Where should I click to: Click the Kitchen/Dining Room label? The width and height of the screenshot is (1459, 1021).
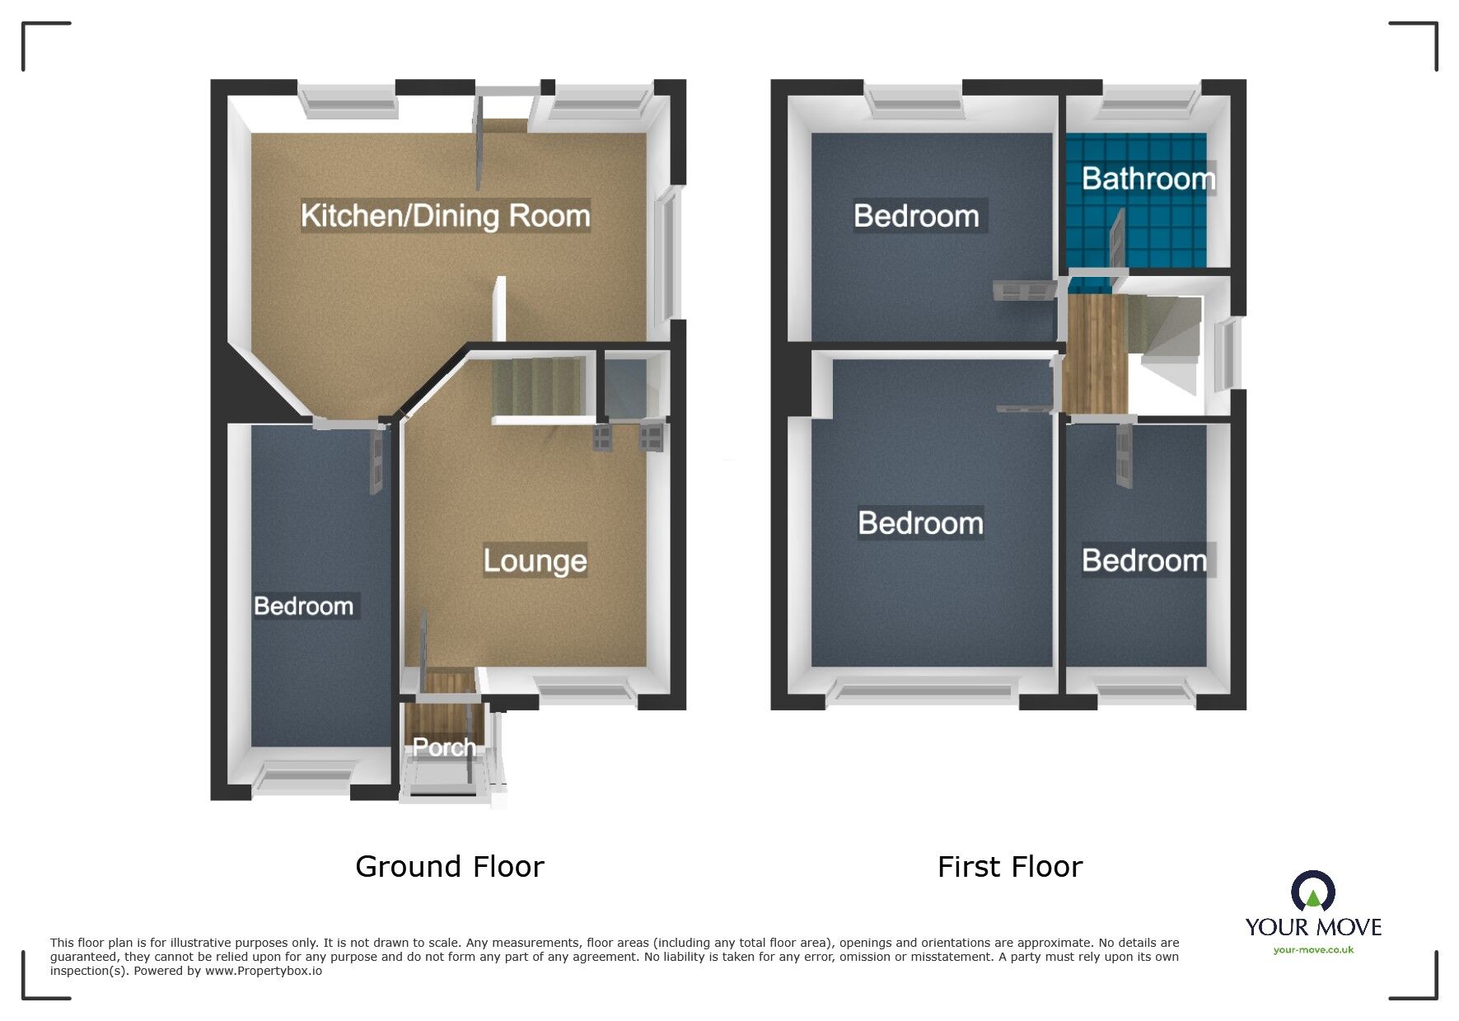click(x=445, y=216)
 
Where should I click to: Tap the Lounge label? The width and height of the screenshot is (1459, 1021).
click(x=535, y=561)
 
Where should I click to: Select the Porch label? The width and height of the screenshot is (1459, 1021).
click(x=444, y=747)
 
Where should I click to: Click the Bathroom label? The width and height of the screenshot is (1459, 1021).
click(x=1148, y=179)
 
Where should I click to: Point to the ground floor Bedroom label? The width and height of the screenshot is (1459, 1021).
click(x=304, y=607)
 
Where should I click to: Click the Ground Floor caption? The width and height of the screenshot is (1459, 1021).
click(x=449, y=867)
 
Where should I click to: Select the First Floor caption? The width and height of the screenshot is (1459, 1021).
click(x=1009, y=867)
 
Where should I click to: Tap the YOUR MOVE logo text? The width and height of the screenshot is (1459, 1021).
click(x=1313, y=927)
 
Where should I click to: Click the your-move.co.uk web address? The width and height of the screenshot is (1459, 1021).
click(x=1313, y=950)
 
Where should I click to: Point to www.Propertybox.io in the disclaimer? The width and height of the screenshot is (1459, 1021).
click(x=264, y=971)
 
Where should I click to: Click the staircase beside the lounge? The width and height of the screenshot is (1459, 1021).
click(x=537, y=386)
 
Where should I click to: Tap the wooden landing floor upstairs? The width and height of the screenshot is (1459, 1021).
click(x=1093, y=354)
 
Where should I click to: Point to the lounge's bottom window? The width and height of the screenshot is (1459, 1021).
click(x=587, y=690)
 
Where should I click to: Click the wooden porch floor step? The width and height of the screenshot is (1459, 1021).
click(x=450, y=683)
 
